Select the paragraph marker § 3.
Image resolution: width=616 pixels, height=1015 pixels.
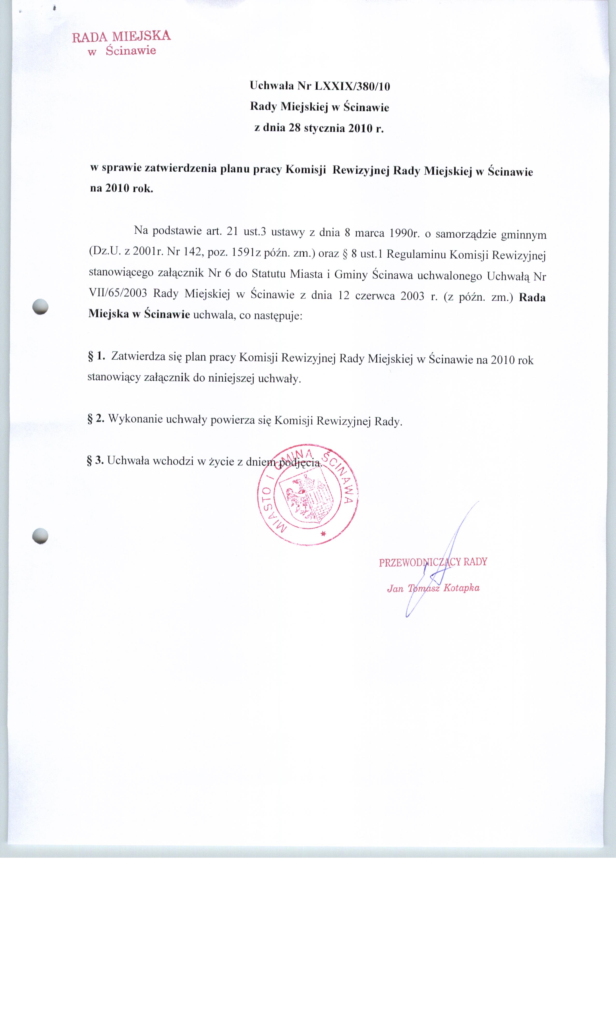tap(95, 460)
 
